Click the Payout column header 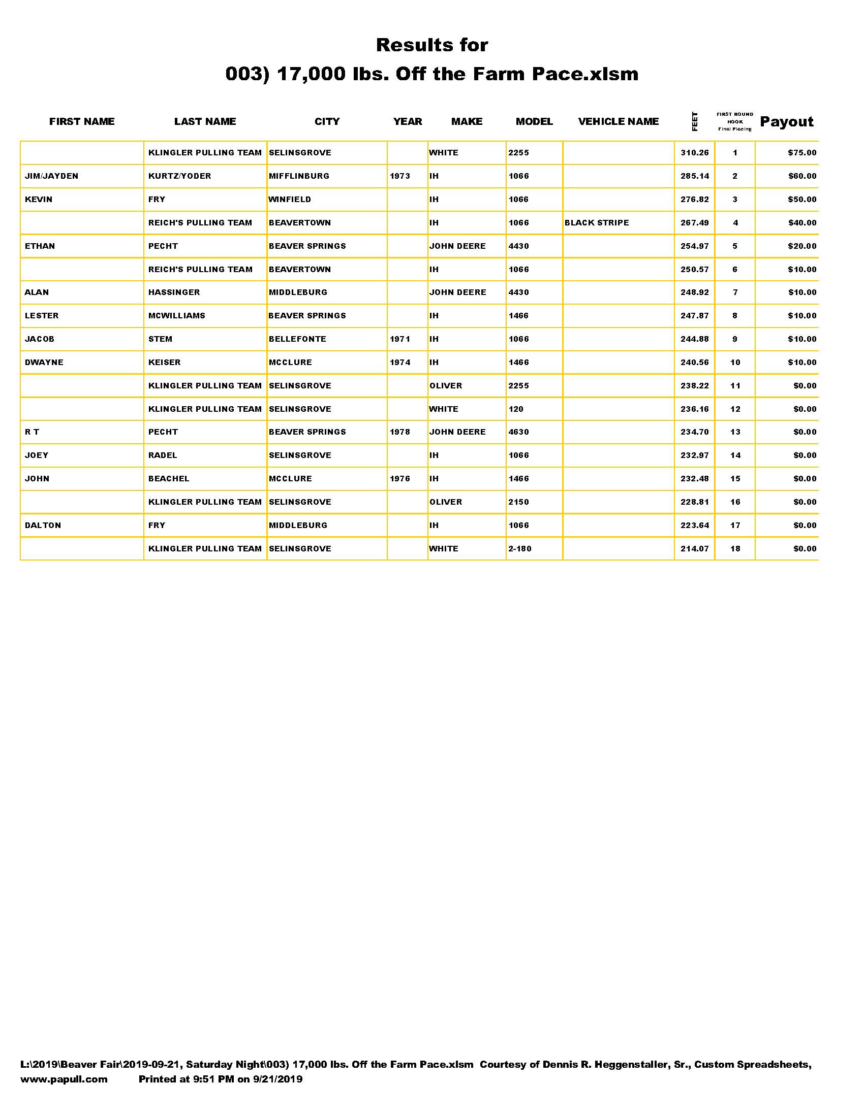click(x=786, y=122)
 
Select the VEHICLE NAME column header click(x=619, y=122)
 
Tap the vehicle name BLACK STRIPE click(x=596, y=223)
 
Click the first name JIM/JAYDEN click(x=51, y=177)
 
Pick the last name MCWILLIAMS click(x=176, y=316)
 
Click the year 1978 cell click(x=400, y=432)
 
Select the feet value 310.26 click(x=695, y=153)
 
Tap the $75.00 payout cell click(x=801, y=153)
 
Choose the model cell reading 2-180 click(x=519, y=549)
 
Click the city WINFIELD click(x=290, y=200)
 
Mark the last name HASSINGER click(x=174, y=292)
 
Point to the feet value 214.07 click(x=695, y=549)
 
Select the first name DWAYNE click(x=44, y=363)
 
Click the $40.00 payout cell click(x=801, y=223)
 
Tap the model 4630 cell click(x=518, y=432)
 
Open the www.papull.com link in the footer click(x=64, y=1079)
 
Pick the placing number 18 click(x=735, y=549)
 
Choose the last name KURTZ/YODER click(x=179, y=177)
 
